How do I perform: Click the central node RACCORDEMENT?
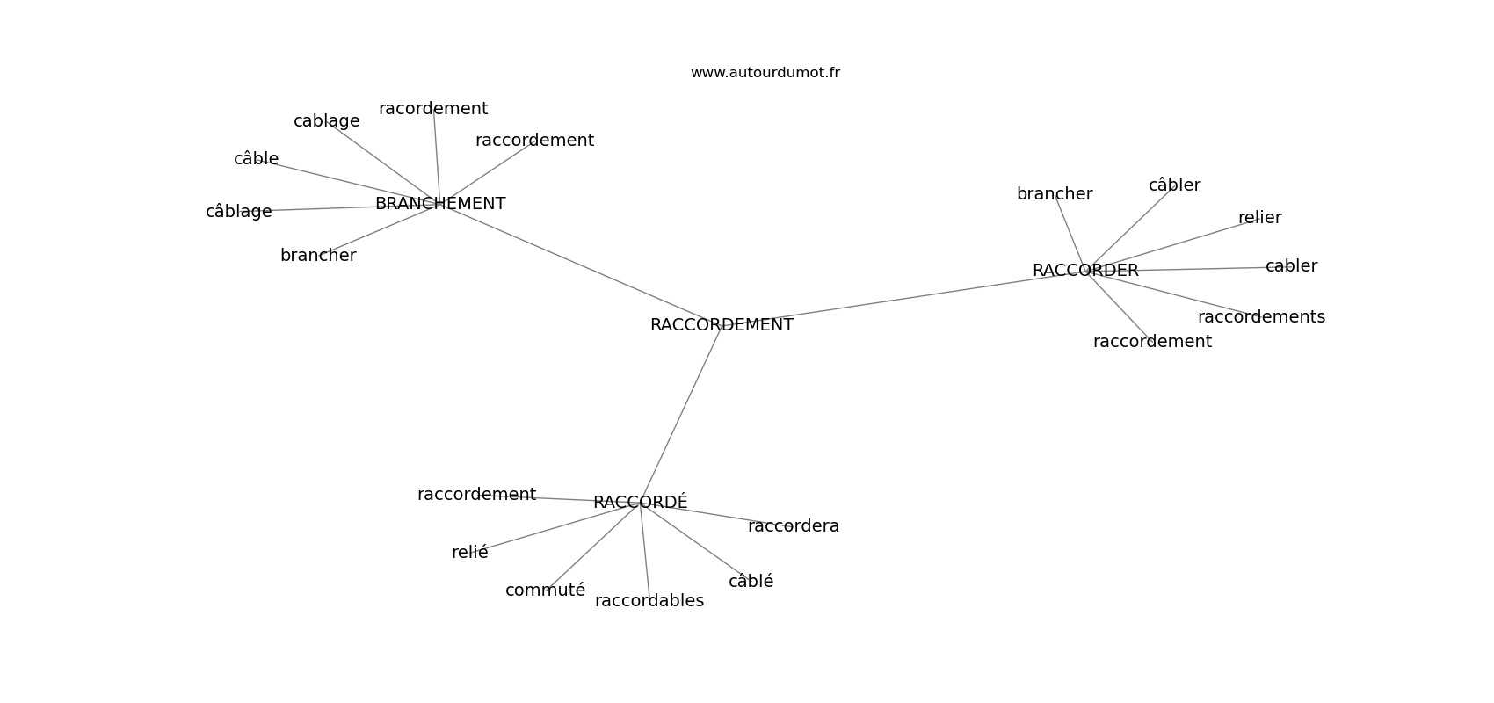click(722, 325)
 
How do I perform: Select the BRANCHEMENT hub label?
click(440, 204)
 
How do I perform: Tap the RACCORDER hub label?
click(1085, 271)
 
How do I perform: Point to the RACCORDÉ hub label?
click(640, 503)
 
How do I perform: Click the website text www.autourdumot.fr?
click(765, 73)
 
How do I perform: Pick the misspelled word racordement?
click(433, 109)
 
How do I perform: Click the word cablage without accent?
click(326, 121)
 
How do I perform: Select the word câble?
click(256, 159)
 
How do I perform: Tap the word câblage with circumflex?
click(238, 212)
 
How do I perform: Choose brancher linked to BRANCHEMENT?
click(318, 256)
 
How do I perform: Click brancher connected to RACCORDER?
click(1055, 194)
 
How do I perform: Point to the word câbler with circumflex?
click(1174, 185)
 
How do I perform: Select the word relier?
click(1259, 218)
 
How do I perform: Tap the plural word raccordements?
click(1261, 317)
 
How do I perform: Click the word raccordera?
click(794, 526)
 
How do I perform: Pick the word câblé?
click(751, 582)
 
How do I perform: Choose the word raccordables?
click(649, 601)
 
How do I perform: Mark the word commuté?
click(545, 591)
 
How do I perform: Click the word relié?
click(469, 553)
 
